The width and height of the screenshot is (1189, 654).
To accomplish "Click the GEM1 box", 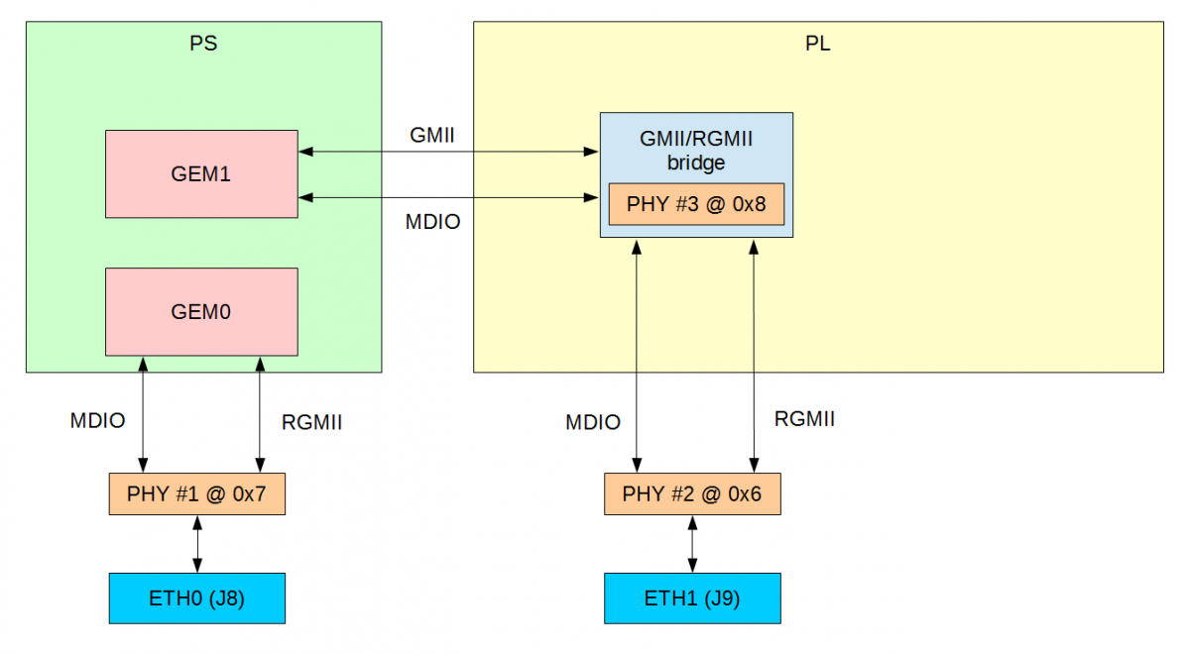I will tap(201, 173).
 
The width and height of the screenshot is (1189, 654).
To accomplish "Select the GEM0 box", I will tap(201, 311).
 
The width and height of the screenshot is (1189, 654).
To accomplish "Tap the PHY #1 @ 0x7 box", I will tap(196, 493).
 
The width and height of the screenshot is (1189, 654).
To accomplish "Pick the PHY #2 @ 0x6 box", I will tap(692, 493).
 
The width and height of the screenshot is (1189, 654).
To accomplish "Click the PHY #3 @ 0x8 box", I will tap(696, 204).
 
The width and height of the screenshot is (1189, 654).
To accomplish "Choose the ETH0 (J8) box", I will tap(196, 599).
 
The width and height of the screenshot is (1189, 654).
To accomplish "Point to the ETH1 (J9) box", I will tap(692, 599).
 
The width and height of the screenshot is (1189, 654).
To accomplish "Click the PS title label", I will tap(203, 44).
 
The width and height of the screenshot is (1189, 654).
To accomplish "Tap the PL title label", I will tap(818, 44).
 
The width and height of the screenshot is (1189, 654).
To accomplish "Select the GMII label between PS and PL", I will tap(431, 135).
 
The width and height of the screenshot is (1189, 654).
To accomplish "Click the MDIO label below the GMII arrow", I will tap(433, 222).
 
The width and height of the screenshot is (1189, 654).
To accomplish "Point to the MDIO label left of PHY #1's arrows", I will tap(97, 420).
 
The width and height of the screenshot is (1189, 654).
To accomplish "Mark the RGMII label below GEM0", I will tap(311, 422).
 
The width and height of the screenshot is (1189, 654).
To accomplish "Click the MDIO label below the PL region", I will tap(593, 422).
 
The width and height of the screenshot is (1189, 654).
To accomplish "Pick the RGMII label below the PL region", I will tap(804, 418).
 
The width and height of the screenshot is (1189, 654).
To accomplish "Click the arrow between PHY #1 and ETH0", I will tap(197, 543).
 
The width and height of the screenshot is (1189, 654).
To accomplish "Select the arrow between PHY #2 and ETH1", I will tap(692, 543).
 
